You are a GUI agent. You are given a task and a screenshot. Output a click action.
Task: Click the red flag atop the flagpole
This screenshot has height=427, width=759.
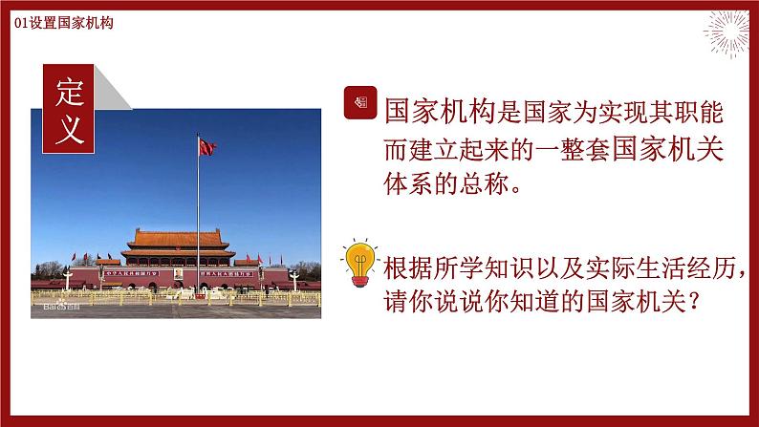coord(206,145)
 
